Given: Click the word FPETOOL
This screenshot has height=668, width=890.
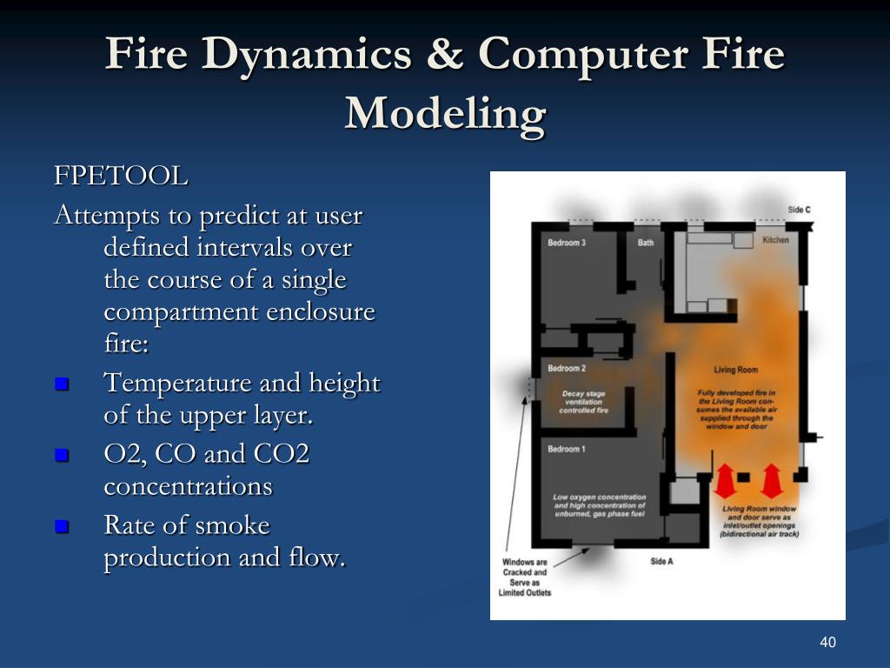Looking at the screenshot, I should point(121,177).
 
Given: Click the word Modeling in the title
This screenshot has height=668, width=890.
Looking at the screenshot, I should point(445,113).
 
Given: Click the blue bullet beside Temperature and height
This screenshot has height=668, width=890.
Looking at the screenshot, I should point(61,384).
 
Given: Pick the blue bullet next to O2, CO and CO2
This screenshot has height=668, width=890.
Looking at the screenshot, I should point(61,455).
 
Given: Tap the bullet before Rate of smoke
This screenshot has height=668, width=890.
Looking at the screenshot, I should point(61,526).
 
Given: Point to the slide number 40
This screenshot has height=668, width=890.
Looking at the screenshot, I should point(827,643).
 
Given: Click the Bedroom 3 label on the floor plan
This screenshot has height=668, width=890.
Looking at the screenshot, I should point(567,243).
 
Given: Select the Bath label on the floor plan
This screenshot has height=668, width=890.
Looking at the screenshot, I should point(646,243).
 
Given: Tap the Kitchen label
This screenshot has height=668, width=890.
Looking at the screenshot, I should point(776,239).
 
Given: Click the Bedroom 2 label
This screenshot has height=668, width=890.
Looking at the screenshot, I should point(567,369).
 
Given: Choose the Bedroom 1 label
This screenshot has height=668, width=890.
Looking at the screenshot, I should point(567,449).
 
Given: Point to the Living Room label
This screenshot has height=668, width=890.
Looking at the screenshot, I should point(736,371).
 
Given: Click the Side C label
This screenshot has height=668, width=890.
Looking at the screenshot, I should point(800,210).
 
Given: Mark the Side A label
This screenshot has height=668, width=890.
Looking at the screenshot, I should point(662,562).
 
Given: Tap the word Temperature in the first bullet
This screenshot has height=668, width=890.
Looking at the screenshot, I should point(177,384).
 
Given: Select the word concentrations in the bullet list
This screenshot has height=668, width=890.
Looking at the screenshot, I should point(188,486).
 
